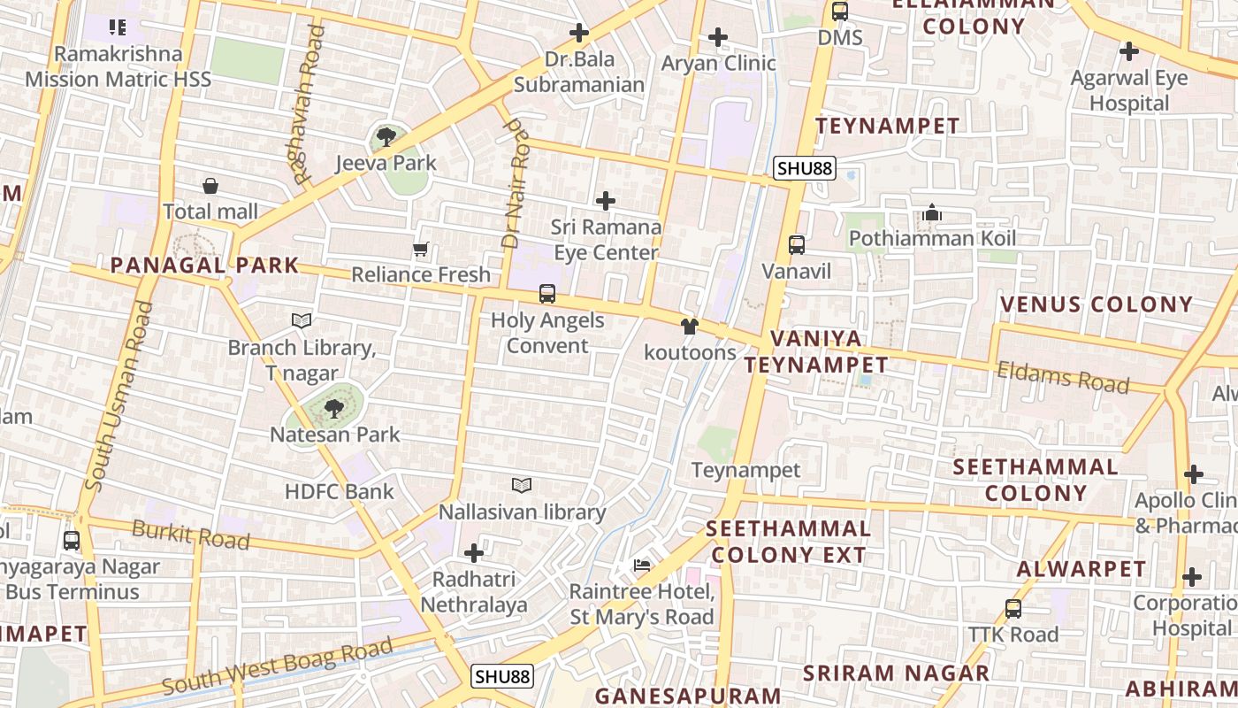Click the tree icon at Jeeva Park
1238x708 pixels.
click(x=386, y=136)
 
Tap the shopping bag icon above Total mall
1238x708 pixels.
click(x=210, y=186)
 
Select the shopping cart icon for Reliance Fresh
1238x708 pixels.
click(x=421, y=250)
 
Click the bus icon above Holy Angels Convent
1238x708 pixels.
click(x=547, y=294)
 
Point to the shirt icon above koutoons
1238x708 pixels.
click(x=690, y=327)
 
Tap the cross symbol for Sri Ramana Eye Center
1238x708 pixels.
click(x=606, y=201)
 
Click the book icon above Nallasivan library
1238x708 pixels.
click(x=522, y=485)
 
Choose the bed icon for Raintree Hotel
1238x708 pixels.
click(x=642, y=565)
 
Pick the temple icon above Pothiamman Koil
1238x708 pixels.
click(x=931, y=212)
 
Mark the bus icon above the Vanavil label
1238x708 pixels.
click(x=797, y=245)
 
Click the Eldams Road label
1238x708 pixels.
click(x=1063, y=377)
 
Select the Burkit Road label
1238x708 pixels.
click(x=190, y=535)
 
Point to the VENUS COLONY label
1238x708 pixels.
click(x=1097, y=304)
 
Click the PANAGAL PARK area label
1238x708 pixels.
click(x=204, y=265)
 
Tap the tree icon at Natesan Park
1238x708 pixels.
click(x=334, y=408)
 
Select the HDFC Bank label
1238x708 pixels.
click(x=340, y=491)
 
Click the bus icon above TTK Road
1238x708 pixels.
click(x=1013, y=609)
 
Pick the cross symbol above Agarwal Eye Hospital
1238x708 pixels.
click(x=1129, y=51)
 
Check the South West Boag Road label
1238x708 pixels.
click(x=277, y=668)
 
